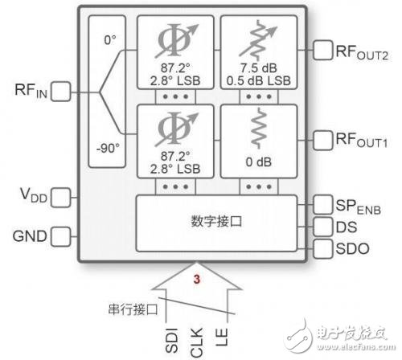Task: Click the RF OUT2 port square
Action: pos(325,51)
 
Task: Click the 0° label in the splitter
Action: pos(109,38)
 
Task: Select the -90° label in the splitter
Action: pos(109,149)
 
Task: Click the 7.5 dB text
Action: pos(259,69)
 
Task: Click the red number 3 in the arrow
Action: pos(196,279)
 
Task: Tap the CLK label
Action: pos(197,340)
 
